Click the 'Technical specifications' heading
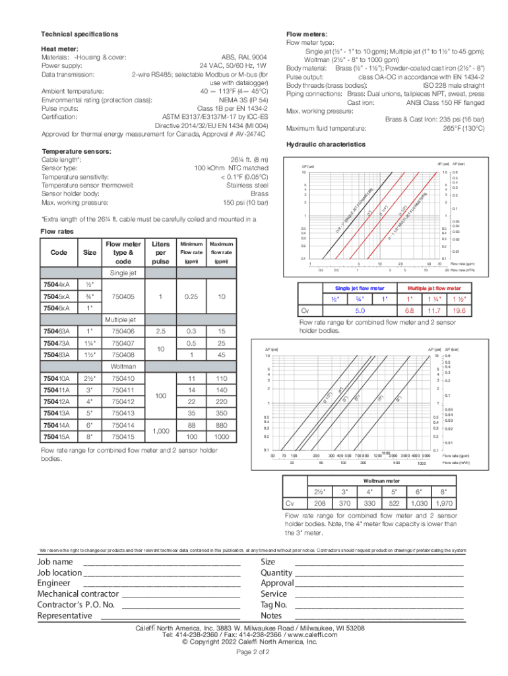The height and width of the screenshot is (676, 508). click(80, 34)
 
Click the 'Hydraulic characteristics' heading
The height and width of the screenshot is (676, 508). click(325, 144)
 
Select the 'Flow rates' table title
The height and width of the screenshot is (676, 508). click(57, 232)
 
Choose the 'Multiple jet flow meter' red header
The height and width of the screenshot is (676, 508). click(434, 288)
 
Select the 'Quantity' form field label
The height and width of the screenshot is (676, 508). click(277, 573)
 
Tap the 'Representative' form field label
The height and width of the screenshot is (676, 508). click(65, 615)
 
